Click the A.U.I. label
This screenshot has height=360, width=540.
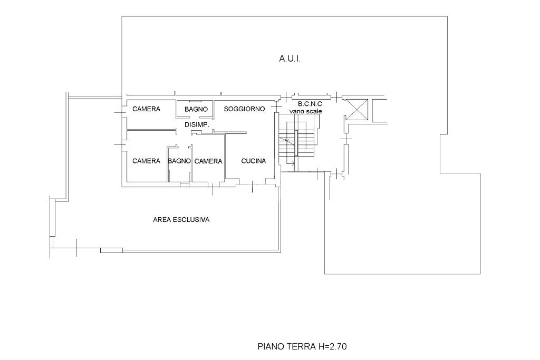[x=290, y=59]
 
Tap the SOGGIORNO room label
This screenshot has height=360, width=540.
[x=244, y=109]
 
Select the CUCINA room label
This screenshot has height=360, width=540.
[x=254, y=161]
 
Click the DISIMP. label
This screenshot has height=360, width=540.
[x=197, y=124]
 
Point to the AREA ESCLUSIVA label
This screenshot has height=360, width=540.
[x=181, y=220]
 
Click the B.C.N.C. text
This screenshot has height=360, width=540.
[x=311, y=104]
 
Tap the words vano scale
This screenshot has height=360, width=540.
[x=305, y=111]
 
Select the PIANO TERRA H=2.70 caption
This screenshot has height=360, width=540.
[x=302, y=346]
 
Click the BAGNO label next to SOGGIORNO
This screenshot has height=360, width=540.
[x=196, y=109]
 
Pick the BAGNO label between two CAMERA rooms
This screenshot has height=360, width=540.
[x=179, y=161]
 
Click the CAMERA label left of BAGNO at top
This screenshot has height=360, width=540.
[x=147, y=109]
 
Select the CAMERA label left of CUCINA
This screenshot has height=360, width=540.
[x=208, y=161]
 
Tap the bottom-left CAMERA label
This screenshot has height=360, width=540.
[x=147, y=161]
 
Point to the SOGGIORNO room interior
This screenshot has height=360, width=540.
[x=245, y=119]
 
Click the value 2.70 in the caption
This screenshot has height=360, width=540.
[x=338, y=346]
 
